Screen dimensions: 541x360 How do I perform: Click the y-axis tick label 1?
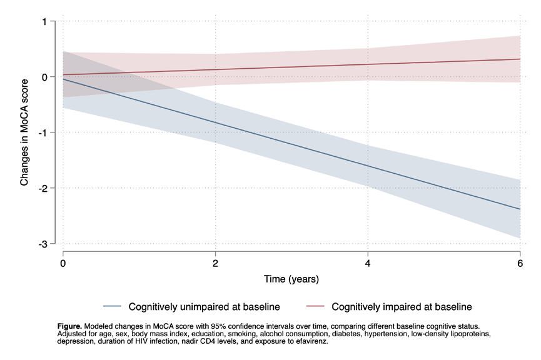click(x=44, y=22)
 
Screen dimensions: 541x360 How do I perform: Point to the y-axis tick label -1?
click(x=43, y=132)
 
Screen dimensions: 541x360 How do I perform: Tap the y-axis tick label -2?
click(x=43, y=188)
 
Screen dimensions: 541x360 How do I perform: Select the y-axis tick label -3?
click(x=43, y=244)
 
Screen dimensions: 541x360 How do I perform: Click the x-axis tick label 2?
click(x=215, y=264)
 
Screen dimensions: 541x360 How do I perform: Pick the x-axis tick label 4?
click(x=368, y=264)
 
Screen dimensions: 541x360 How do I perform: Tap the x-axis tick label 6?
click(x=520, y=264)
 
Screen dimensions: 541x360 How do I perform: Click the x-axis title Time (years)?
click(x=291, y=279)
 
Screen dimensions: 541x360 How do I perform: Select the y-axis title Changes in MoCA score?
click(x=24, y=132)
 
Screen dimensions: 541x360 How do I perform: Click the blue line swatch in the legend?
click(x=113, y=306)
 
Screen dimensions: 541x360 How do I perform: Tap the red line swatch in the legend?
click(x=315, y=306)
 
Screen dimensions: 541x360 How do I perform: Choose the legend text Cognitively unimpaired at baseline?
click(x=205, y=307)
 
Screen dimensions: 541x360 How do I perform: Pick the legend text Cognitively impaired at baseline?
click(x=402, y=307)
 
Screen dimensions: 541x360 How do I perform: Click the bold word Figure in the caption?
click(x=69, y=326)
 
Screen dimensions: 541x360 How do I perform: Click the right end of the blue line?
click(x=520, y=209)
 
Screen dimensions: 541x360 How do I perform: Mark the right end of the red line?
click(x=520, y=59)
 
